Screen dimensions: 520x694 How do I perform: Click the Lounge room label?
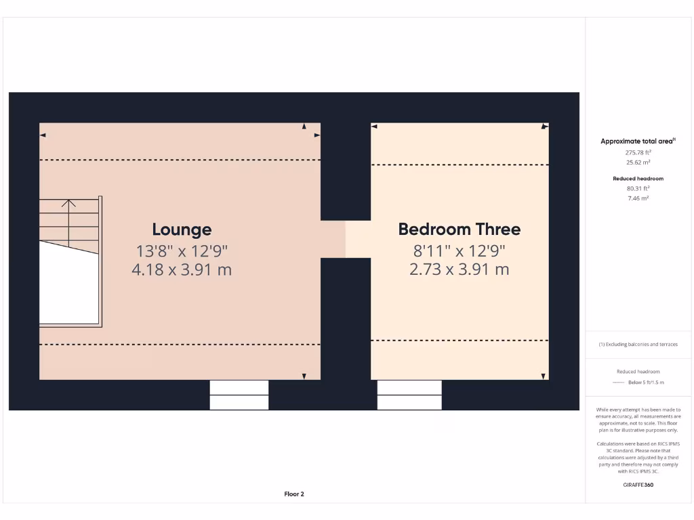182,230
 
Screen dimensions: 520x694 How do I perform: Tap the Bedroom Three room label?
460,229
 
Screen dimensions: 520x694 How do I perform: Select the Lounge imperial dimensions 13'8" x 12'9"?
182,251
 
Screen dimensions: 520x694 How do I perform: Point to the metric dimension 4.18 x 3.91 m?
182,269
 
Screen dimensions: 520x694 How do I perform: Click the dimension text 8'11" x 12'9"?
460,251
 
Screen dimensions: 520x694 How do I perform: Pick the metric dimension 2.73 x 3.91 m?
460,269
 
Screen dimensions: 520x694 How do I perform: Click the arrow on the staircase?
69,202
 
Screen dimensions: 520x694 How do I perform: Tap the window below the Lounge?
239,395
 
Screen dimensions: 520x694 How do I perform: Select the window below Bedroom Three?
409,395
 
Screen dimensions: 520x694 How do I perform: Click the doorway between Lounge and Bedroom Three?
346,239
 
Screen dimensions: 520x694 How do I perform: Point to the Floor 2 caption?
294,494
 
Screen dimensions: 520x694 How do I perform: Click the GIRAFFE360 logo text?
638,485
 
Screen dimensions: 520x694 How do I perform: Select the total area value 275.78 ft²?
638,152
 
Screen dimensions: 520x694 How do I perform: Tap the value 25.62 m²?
638,162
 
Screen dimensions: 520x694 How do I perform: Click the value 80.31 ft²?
638,188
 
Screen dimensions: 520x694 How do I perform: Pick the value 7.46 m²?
638,198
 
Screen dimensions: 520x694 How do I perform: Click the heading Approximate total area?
637,142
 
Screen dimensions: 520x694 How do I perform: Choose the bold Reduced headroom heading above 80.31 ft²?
638,179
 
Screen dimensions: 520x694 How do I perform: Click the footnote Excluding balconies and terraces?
640,345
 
